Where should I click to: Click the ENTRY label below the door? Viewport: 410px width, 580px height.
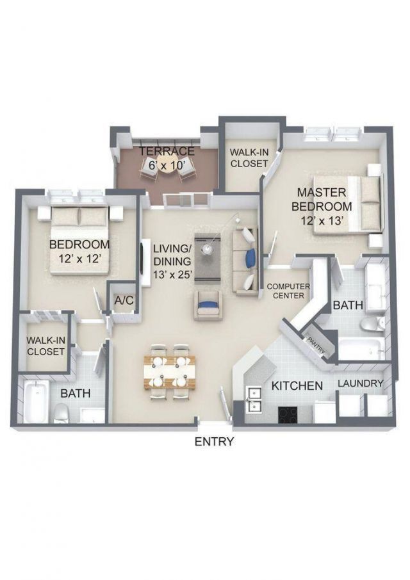(214, 441)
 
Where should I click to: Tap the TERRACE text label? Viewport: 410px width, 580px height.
(167, 151)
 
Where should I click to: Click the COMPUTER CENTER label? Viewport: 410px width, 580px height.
(288, 291)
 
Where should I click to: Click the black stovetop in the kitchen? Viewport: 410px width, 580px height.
(288, 414)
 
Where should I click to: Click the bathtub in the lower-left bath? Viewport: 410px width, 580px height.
(36, 400)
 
